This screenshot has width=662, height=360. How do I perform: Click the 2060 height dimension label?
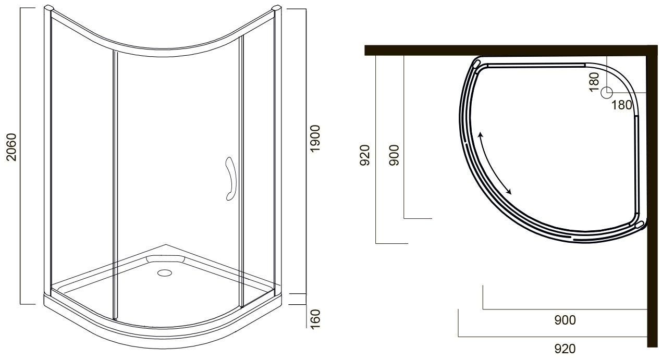tap(11, 147)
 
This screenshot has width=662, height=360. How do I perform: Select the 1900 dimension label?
tap(315, 138)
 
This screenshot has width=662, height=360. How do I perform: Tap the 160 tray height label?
tap(315, 319)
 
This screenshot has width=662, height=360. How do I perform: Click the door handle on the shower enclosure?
tap(231, 179)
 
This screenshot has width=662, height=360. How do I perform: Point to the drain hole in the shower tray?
tap(165, 273)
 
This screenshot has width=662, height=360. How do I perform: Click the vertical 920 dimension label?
tap(365, 155)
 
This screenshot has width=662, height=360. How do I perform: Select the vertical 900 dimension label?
tap(394, 155)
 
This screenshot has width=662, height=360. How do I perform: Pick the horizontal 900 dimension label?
tap(565, 320)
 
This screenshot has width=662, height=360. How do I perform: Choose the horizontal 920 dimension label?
tap(565, 349)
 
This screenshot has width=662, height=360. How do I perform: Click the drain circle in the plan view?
tap(607, 92)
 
